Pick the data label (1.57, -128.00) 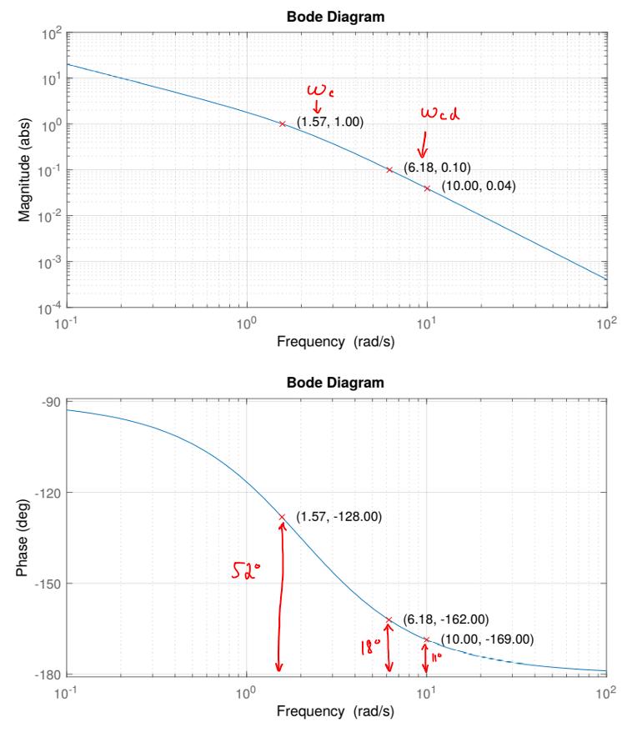pos(339,518)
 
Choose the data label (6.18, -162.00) pos(445,619)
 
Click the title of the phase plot pos(337,384)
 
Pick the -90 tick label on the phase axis pos(50,402)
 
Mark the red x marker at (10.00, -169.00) pos(427,640)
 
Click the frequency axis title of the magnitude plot pos(337,344)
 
